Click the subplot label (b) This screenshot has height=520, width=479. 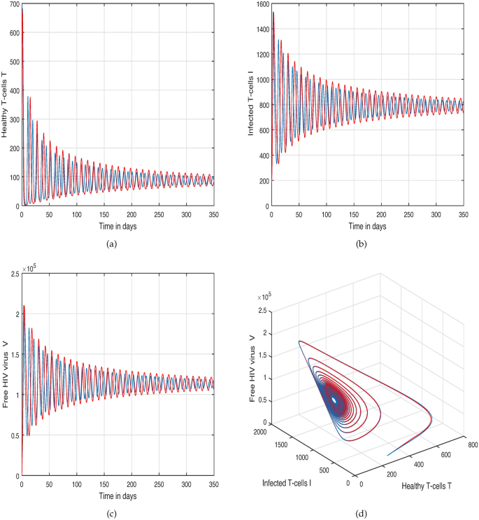pyautogui.click(x=367, y=244)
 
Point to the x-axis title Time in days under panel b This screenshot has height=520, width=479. pyautogui.click(x=367, y=227)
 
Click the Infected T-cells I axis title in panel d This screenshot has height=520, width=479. pyautogui.click(x=296, y=483)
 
